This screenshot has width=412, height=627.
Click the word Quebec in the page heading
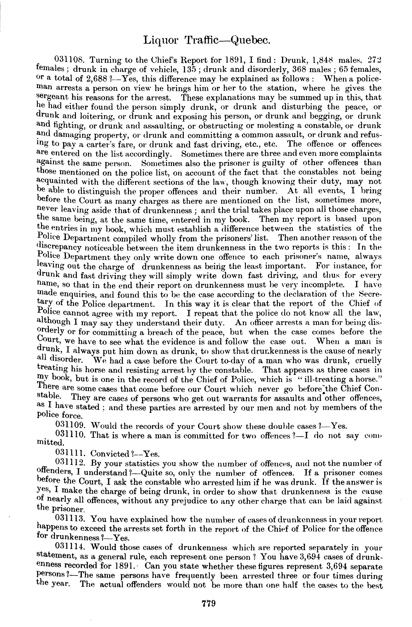[x=250, y=40]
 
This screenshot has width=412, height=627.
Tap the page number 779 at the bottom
[x=208, y=603]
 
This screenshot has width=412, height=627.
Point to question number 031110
[x=70, y=436]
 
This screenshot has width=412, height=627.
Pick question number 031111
[x=70, y=454]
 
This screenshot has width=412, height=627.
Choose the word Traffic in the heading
[x=202, y=40]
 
